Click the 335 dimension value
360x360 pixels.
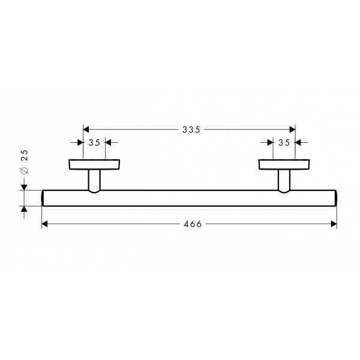click(191, 130)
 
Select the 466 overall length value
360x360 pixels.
click(193, 224)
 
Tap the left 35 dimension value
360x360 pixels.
click(94, 143)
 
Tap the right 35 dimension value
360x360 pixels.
click(284, 143)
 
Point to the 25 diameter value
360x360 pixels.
click(24, 155)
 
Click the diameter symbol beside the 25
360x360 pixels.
click(24, 170)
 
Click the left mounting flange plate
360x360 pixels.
click(94, 164)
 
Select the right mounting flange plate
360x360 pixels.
click(284, 164)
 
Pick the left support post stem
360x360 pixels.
click(94, 181)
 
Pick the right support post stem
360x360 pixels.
click(284, 181)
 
